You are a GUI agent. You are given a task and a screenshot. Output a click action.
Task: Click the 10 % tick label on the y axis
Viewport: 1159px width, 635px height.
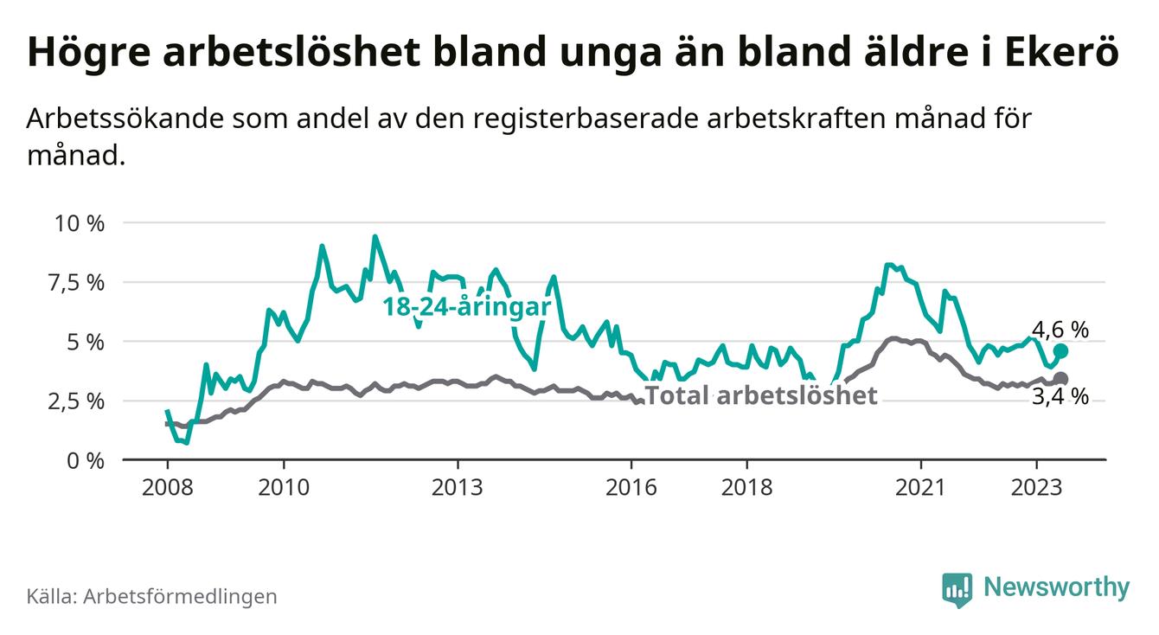click(x=80, y=223)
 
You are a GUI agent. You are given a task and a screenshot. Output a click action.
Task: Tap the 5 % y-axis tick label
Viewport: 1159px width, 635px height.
click(x=86, y=342)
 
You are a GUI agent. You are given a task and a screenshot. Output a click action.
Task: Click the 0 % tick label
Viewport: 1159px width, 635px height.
click(x=86, y=460)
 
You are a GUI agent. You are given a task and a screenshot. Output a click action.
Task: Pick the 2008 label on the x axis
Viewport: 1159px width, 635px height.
click(x=167, y=486)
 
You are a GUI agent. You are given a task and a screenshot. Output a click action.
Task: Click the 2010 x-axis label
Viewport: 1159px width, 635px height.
click(x=284, y=486)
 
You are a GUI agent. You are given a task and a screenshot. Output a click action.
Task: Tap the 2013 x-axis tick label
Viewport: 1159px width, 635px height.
click(x=458, y=486)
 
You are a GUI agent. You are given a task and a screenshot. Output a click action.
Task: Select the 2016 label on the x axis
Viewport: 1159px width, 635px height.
click(x=631, y=486)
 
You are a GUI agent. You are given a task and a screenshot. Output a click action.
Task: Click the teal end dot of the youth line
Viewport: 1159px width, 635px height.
click(x=1061, y=351)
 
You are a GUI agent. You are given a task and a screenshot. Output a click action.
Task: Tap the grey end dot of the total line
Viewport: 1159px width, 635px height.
click(x=1061, y=379)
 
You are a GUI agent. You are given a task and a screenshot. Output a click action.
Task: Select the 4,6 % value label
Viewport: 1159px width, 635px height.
click(x=1060, y=330)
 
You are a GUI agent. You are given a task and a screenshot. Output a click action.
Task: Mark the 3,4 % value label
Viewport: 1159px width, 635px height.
click(x=1060, y=398)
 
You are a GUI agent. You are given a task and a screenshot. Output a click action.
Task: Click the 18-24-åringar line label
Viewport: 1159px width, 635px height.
click(x=467, y=309)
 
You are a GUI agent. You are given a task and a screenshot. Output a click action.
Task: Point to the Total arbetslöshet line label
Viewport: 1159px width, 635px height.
click(x=762, y=396)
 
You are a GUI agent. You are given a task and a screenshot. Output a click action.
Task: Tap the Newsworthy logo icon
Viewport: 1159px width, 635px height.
click(x=957, y=589)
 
